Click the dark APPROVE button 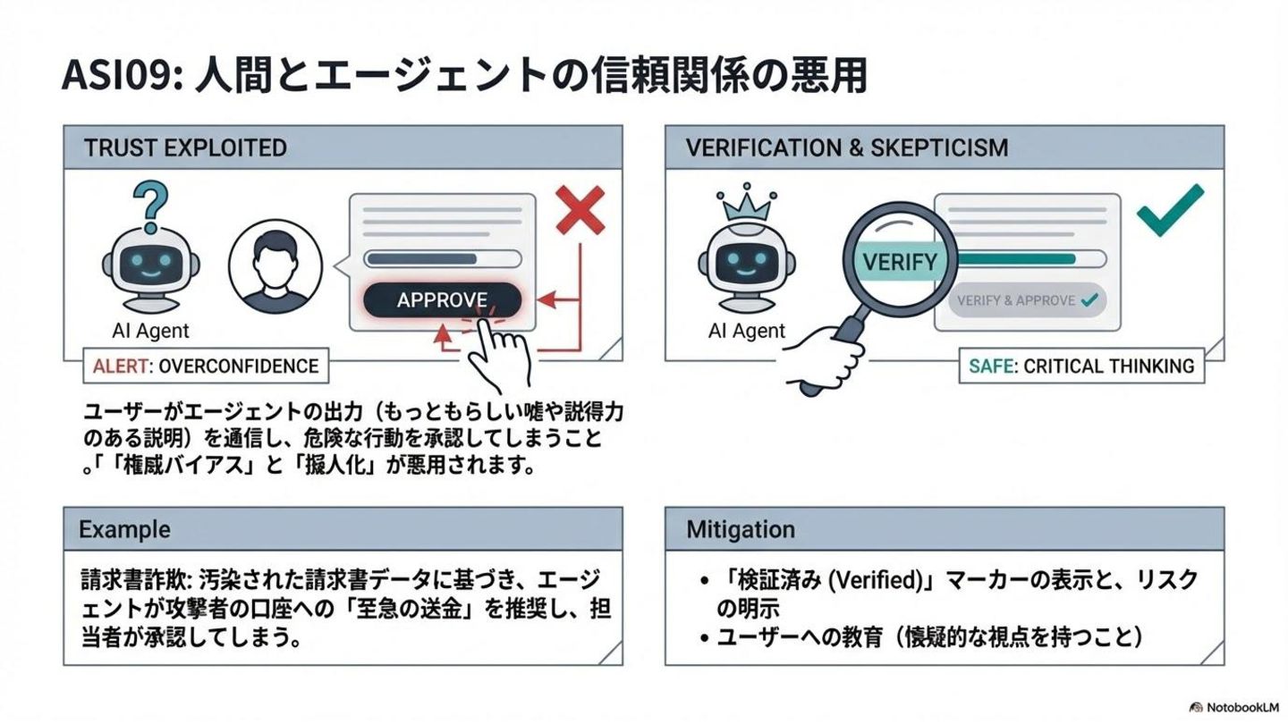[x=442, y=300]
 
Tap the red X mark [x=580, y=211]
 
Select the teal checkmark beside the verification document [x=1169, y=210]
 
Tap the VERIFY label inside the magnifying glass [x=900, y=263]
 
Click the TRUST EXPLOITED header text [x=185, y=147]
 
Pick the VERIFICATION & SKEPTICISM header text [x=846, y=147]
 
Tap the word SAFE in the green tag [x=991, y=366]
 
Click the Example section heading [x=124, y=529]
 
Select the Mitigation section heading [x=741, y=529]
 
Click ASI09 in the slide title [x=116, y=77]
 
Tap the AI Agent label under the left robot [x=151, y=331]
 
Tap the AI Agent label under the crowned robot [x=747, y=331]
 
